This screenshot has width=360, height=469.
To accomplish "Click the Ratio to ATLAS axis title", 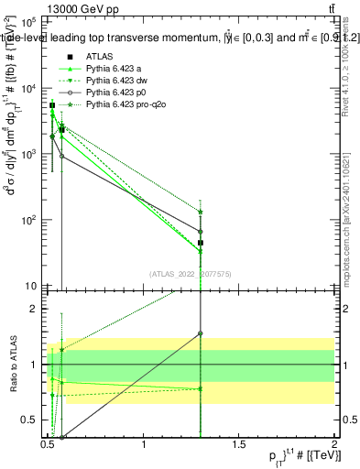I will tap(11, 365).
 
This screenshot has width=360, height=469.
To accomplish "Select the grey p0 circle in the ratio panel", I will tap(200, 333).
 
